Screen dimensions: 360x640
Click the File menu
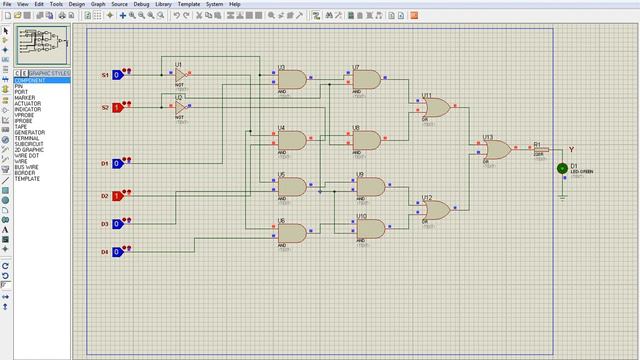pos(8,4)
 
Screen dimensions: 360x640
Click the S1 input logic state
pos(117,75)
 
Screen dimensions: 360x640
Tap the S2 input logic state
pos(117,106)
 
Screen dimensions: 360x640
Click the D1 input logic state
pos(117,163)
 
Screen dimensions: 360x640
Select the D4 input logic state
pos(117,251)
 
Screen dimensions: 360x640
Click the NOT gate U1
pos(180,75)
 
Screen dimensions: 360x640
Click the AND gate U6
pos(291,233)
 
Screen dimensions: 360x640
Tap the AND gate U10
pos(370,229)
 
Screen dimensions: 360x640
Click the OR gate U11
pos(435,107)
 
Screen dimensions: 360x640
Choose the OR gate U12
pos(435,209)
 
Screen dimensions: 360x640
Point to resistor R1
pos(541,150)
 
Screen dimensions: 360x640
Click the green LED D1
pos(562,170)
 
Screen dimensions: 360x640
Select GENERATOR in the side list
pos(29,133)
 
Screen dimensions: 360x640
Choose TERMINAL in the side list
pos(28,139)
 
